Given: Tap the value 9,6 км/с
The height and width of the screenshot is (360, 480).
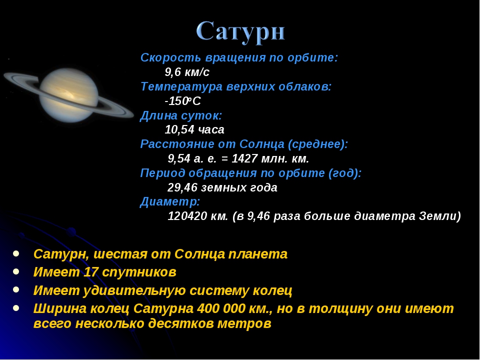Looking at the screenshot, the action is tap(187, 72).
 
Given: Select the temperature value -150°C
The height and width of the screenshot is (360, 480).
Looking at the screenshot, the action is tap(183, 101).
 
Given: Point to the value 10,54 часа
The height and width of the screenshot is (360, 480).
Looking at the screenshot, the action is tap(194, 130).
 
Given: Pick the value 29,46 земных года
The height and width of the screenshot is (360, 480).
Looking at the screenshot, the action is tap(222, 187).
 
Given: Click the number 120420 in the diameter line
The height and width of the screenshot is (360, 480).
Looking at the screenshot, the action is tap(187, 216).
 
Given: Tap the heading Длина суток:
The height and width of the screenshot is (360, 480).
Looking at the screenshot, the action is tap(181, 115).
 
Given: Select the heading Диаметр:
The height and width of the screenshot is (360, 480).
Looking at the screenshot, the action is tap(170, 201).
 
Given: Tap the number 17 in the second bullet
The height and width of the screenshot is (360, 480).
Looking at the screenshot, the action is tap(90, 272).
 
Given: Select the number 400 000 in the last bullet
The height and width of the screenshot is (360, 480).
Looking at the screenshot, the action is tap(221, 308).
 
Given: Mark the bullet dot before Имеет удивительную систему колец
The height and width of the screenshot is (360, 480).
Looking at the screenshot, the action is tap(16, 289).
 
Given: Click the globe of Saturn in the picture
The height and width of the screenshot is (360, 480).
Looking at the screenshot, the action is tap(69, 95).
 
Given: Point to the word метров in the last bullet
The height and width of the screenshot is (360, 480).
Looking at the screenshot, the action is tap(244, 323).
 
